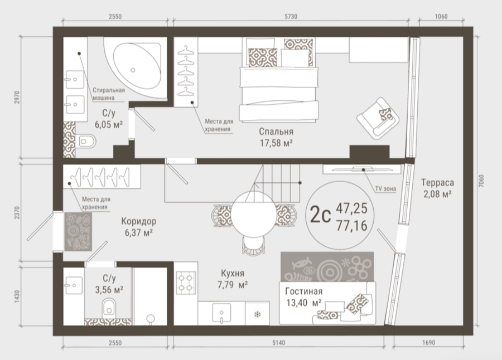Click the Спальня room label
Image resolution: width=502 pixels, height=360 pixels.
point(276,132)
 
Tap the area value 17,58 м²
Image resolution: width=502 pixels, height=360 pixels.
point(276,143)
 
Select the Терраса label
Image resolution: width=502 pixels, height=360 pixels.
point(437,183)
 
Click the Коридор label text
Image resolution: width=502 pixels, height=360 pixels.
point(139,221)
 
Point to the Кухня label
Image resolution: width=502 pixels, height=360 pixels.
point(233,273)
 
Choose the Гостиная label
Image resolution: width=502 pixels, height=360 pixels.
point(304,291)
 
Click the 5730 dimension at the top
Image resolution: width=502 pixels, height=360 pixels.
point(291,17)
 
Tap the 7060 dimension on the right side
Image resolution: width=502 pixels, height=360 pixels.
point(482,181)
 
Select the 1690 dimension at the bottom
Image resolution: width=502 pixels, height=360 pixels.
point(428,343)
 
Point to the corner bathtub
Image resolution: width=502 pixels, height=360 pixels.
point(137,67)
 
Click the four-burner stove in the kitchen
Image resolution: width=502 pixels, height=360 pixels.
point(186,283)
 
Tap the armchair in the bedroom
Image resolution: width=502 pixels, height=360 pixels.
point(378,118)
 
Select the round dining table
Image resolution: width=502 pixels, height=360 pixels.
point(254,214)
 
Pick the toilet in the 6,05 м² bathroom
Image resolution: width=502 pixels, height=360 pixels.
point(86,141)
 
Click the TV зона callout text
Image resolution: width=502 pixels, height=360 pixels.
point(386,189)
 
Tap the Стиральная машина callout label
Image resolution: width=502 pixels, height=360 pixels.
point(109,94)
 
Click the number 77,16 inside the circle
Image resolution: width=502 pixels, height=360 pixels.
point(351,226)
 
